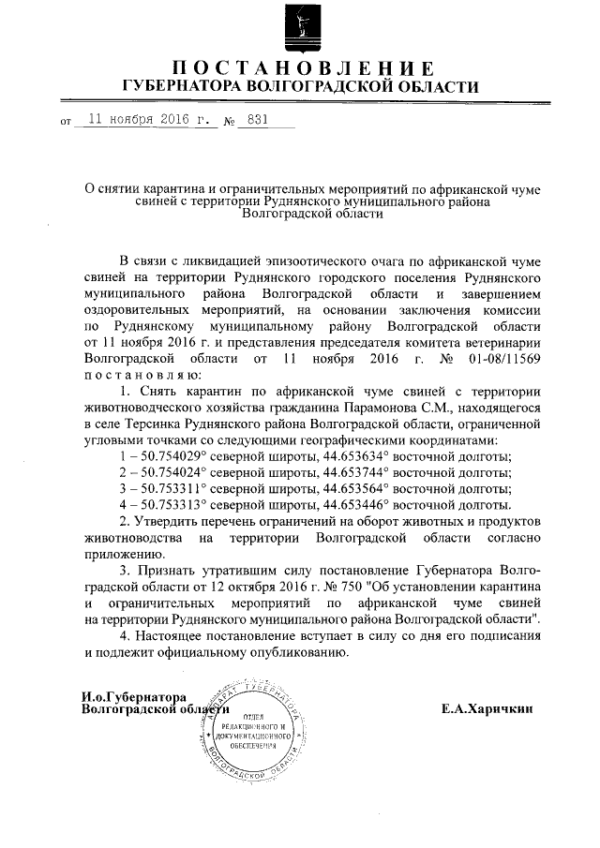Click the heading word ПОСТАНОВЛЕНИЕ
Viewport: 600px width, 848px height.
[301, 68]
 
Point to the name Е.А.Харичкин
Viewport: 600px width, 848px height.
[487, 709]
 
